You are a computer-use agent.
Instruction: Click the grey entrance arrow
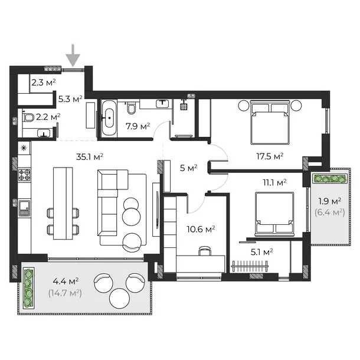(x=73, y=55)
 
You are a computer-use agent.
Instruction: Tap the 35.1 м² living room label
(x=90, y=157)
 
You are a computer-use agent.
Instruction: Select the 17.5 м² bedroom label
(x=270, y=156)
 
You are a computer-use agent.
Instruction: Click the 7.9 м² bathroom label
(x=138, y=126)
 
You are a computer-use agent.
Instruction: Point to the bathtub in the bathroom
(x=109, y=117)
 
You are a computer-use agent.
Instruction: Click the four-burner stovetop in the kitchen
(x=24, y=175)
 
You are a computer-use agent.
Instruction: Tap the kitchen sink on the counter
(x=24, y=208)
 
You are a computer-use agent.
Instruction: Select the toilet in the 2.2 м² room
(x=28, y=117)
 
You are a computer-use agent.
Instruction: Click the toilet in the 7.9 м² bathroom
(x=132, y=109)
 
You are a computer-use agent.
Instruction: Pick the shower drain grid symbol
(x=183, y=107)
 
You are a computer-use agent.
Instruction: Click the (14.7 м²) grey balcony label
(x=65, y=293)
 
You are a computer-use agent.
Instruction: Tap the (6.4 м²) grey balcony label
(x=330, y=212)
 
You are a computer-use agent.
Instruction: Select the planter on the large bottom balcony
(x=28, y=288)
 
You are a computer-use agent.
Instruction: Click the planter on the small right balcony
(x=330, y=178)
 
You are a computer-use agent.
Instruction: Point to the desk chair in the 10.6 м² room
(x=205, y=251)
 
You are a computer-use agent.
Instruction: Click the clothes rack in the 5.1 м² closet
(x=250, y=266)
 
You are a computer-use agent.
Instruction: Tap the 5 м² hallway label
(x=188, y=168)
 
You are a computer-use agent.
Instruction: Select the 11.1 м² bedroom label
(x=274, y=182)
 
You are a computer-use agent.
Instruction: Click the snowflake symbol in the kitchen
(x=24, y=148)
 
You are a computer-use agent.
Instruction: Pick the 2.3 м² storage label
(x=44, y=83)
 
